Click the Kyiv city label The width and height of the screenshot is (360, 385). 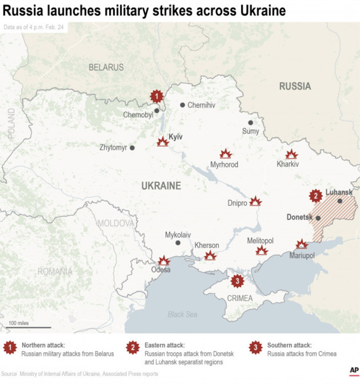tap(176, 137)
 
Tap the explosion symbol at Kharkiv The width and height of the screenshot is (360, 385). tap(291, 155)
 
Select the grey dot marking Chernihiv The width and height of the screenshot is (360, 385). tap(182, 105)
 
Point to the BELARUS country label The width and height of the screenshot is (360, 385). tap(106, 67)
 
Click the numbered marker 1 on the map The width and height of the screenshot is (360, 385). tap(157, 96)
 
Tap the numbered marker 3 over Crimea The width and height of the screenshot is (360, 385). tap(238, 281)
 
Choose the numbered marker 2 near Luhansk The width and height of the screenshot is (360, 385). tap(316, 196)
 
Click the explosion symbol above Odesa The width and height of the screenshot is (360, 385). tap(163, 260)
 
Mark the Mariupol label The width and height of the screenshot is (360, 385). tap(302, 255)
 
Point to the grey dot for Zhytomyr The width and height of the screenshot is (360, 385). tap(132, 148)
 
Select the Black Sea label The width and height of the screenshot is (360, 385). tap(183, 315)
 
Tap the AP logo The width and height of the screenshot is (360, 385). tap(353, 371)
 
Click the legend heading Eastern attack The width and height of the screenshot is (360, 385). tap(164, 345)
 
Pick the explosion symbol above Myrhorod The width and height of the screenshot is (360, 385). tap(225, 154)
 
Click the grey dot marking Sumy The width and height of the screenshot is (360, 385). tap(250, 122)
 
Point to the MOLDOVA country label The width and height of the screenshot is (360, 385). tap(116, 223)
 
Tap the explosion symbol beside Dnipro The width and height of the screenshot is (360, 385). tap(255, 201)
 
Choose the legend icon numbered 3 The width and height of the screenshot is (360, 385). tap(255, 348)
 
